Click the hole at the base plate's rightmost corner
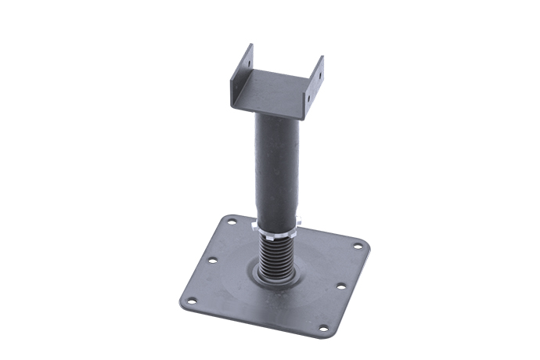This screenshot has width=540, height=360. (358, 247)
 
